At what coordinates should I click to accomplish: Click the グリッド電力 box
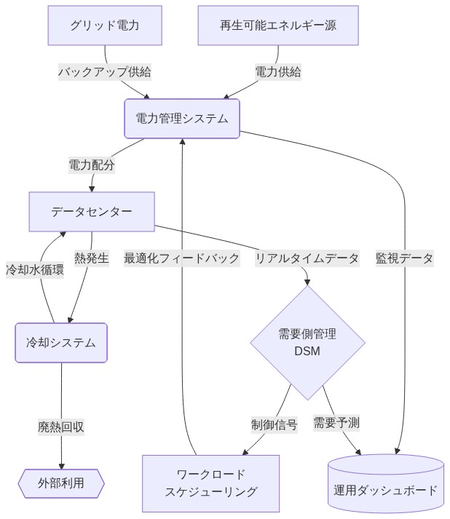(105, 25)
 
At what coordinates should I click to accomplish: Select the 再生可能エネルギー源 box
(278, 25)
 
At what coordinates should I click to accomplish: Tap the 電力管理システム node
(182, 119)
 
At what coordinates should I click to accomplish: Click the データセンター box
(92, 212)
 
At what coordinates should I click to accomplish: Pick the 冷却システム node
(61, 342)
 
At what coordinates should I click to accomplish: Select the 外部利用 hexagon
(61, 483)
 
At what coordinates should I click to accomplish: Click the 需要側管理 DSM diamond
(307, 342)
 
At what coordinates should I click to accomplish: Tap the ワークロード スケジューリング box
(210, 483)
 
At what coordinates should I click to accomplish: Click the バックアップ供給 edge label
(105, 72)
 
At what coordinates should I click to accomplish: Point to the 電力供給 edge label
(278, 72)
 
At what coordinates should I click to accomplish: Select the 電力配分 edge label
(92, 165)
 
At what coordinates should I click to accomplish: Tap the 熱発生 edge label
(92, 258)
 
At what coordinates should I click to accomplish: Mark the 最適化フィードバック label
(181, 258)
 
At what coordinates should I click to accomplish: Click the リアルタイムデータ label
(307, 258)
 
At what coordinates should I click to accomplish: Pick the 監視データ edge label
(404, 258)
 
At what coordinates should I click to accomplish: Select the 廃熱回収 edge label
(61, 427)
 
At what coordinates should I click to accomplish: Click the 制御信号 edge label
(275, 424)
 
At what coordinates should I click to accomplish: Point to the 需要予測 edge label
(336, 422)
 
